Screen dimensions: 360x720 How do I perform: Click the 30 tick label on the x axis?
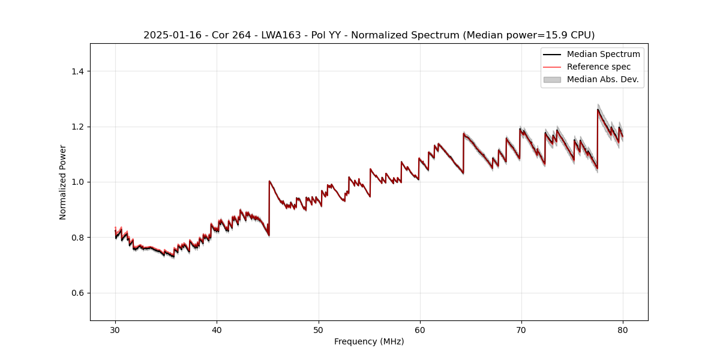[x=115, y=329]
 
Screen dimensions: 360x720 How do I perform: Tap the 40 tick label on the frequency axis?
[x=217, y=329]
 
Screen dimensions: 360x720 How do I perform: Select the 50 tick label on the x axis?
[x=318, y=329]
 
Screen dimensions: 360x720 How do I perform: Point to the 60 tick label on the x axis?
[x=419, y=329]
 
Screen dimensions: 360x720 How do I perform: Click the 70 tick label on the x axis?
[x=521, y=329]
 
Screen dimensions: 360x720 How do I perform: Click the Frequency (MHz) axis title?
[x=369, y=341]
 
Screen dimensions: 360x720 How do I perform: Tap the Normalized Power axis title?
[x=63, y=182]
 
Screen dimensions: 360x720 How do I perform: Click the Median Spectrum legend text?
[x=603, y=54]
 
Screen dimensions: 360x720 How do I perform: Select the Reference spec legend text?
[x=599, y=67]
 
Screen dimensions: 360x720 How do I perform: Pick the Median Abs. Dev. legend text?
[x=602, y=79]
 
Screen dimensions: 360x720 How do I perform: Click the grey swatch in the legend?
[x=552, y=79]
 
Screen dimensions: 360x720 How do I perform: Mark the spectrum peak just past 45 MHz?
[x=269, y=181]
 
